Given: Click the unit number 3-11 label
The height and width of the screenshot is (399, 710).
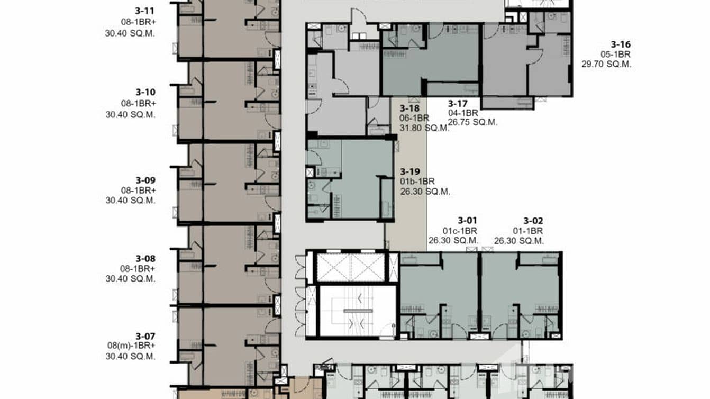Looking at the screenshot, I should click(x=145, y=10).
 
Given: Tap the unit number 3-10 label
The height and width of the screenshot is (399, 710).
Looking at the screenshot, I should click(x=145, y=92).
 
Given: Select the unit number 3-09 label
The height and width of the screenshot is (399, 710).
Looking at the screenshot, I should click(x=145, y=179).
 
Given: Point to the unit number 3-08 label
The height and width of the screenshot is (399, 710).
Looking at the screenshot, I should click(x=145, y=259).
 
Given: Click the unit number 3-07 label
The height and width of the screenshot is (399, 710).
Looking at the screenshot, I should click(x=145, y=336).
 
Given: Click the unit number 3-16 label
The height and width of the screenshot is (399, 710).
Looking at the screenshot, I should click(x=621, y=44).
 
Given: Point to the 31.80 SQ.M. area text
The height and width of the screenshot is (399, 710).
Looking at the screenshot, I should click(x=424, y=128).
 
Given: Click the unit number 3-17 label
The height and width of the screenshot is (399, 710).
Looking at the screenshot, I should click(x=458, y=103).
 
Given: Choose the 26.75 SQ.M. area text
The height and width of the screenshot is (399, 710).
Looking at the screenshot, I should click(x=472, y=122).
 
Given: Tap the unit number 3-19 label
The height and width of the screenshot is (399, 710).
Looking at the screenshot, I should click(x=410, y=171).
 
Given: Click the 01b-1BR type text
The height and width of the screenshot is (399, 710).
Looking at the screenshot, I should click(x=417, y=182).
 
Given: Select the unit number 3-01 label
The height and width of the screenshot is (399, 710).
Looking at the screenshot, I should click(x=468, y=221).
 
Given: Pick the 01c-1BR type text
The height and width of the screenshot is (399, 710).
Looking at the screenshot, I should click(x=460, y=231).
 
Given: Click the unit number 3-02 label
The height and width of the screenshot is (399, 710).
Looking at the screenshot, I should click(x=533, y=221).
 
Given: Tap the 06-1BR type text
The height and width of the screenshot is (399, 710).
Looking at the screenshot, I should click(x=415, y=117).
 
